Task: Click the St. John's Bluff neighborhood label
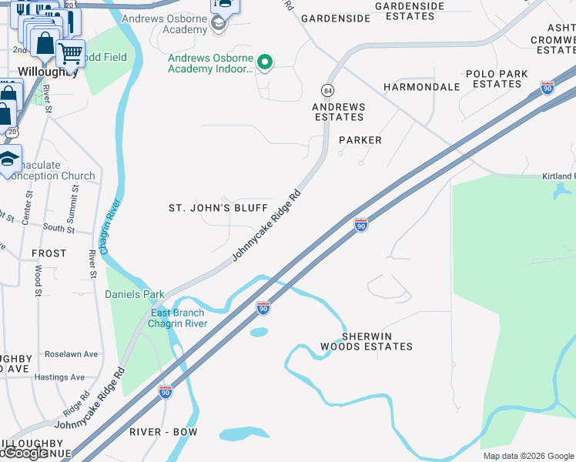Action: click(x=218, y=208)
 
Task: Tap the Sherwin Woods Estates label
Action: click(x=367, y=342)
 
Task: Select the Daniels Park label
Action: click(x=135, y=294)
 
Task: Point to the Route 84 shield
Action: click(x=328, y=89)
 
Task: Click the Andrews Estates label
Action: click(x=339, y=112)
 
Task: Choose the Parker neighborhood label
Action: click(x=360, y=140)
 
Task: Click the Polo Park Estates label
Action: click(x=497, y=79)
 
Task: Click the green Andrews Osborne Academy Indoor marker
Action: click(x=265, y=62)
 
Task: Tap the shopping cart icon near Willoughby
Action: click(x=70, y=53)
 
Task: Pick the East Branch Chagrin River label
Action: click(x=179, y=318)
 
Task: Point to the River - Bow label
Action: click(x=163, y=432)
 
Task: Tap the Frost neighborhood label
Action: click(x=49, y=253)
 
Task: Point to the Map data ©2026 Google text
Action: click(x=528, y=456)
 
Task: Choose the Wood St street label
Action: click(x=38, y=281)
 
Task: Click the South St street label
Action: click(x=59, y=229)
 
